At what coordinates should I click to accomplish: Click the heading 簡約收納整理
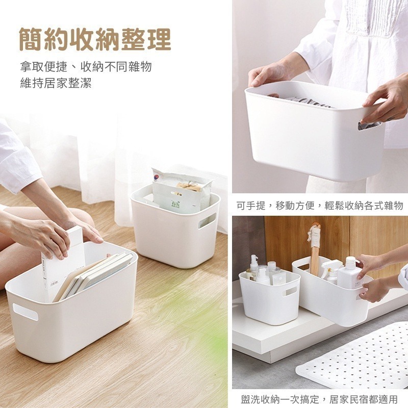click(x=95, y=39)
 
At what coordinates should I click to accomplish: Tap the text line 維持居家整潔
click(x=56, y=83)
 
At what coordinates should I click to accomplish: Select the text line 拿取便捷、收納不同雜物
click(x=86, y=67)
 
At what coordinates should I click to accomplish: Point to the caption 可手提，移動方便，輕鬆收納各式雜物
click(x=320, y=206)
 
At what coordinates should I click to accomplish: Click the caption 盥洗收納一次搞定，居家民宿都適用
click(x=319, y=399)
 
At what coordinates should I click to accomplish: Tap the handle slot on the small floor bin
click(x=207, y=221)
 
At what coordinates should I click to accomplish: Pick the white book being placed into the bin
click(x=64, y=263)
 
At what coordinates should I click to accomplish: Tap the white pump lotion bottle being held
click(x=349, y=273)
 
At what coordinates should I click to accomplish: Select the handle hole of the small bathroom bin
click(x=289, y=291)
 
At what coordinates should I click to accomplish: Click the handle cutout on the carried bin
click(x=369, y=125)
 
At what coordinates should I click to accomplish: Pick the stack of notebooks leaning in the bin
click(x=94, y=276)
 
